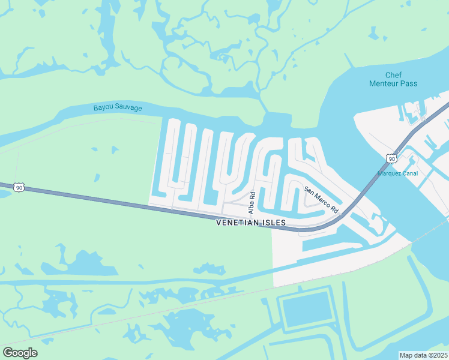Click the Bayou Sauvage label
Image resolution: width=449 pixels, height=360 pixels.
click(118, 108)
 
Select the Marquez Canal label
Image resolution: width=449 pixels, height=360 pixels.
click(397, 174)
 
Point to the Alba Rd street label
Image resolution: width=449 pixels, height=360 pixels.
click(253, 203)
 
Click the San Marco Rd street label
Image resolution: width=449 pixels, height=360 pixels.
click(321, 200)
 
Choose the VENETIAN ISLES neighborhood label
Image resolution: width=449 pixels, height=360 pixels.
click(251, 223)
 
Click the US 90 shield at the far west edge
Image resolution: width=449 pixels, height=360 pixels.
click(20, 188)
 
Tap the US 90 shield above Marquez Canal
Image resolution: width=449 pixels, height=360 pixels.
click(391, 158)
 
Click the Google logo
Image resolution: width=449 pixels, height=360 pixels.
click(20, 353)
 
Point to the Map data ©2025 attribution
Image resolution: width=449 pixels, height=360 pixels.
click(423, 355)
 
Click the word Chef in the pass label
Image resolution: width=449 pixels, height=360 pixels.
click(394, 75)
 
